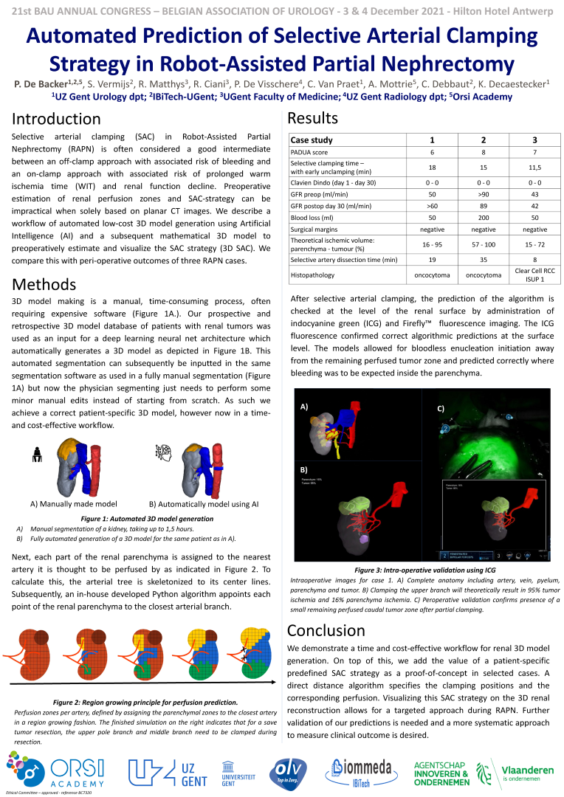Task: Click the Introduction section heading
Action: tap(56, 119)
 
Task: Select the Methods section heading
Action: tap(45, 284)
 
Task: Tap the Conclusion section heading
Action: tap(326, 630)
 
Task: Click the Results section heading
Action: tap(312, 118)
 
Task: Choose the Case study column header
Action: tap(312, 139)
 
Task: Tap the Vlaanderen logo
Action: tap(517, 773)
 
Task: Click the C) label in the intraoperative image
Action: tap(441, 408)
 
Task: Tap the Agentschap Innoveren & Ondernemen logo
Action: tap(441, 773)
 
